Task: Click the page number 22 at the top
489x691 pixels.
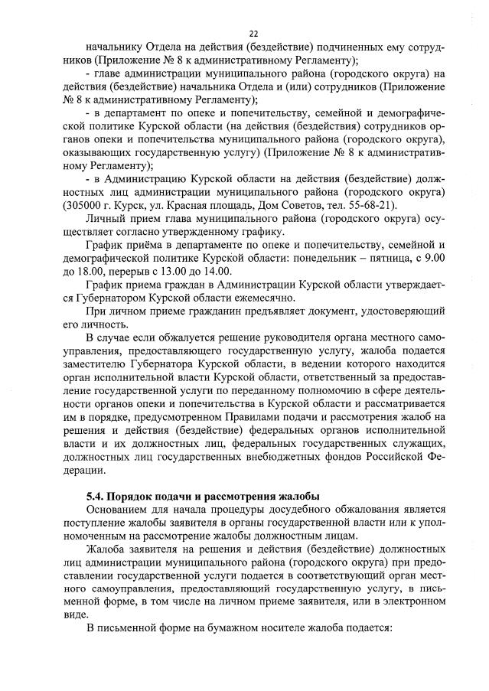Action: [x=253, y=33]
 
